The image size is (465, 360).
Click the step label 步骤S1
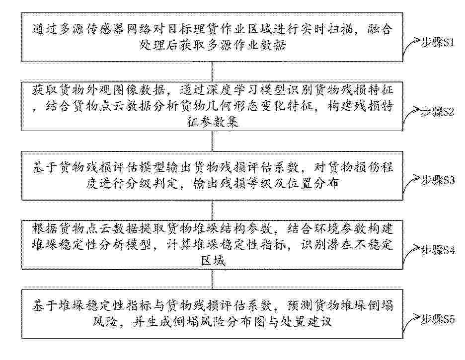click(437, 43)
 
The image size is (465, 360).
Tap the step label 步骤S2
click(437, 112)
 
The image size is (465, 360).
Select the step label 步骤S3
click(438, 180)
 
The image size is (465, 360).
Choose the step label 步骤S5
click(438, 319)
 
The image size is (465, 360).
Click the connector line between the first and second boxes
click(212, 72)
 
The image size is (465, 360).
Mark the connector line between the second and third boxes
click(212, 141)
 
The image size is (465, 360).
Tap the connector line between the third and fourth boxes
click(212, 211)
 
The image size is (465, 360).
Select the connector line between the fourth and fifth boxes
click(212, 280)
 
